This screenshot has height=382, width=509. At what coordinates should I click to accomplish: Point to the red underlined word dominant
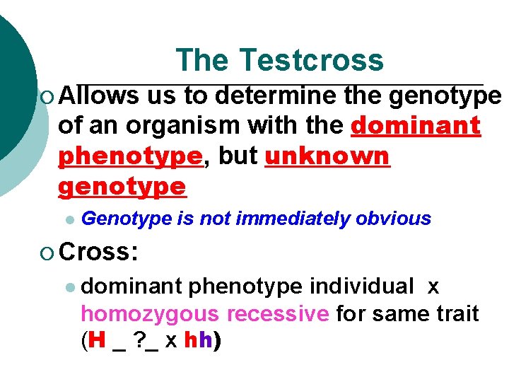415,126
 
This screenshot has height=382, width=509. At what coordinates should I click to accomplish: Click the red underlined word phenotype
130,156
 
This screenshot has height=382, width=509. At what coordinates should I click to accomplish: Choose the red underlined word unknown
327,156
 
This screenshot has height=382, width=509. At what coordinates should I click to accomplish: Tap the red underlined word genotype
122,187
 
